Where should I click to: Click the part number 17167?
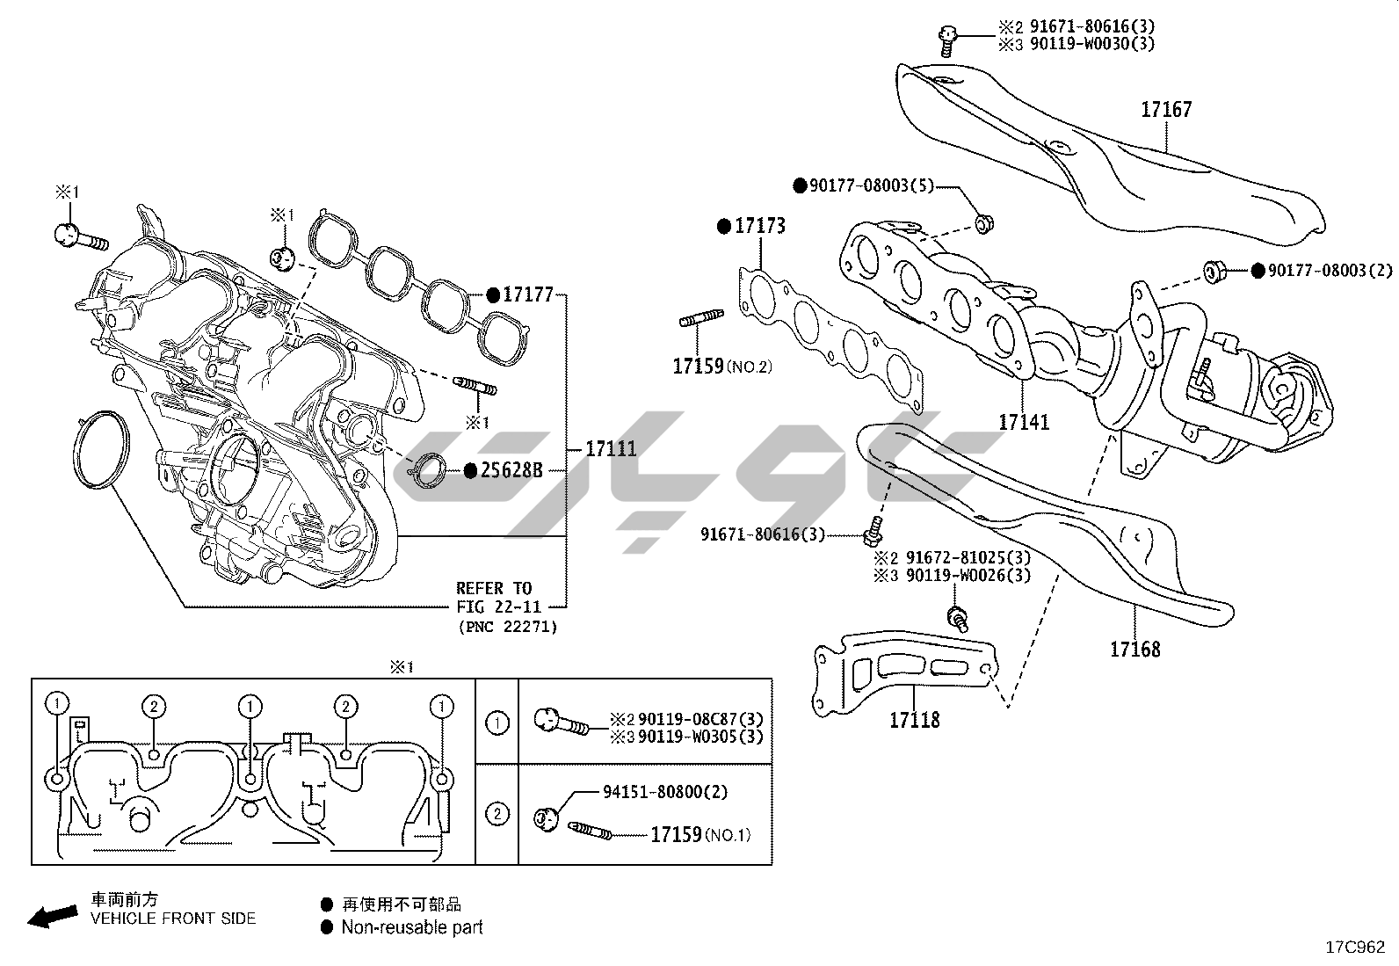(x=1166, y=110)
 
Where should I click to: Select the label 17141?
(x=1023, y=422)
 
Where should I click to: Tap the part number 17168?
(x=1134, y=650)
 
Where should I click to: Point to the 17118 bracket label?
(x=914, y=720)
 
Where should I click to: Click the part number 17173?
(x=760, y=226)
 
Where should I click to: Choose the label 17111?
(x=611, y=448)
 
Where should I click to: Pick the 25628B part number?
(x=511, y=470)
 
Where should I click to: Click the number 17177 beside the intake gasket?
(x=527, y=294)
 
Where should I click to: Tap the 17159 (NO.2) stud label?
(x=721, y=366)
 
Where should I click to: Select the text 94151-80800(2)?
(x=665, y=792)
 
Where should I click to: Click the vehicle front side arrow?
(x=50, y=917)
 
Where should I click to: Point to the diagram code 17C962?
(x=1355, y=947)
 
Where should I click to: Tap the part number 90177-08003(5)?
(x=871, y=185)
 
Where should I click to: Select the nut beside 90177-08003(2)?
(x=1214, y=271)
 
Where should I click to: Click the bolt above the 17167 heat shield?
(x=946, y=35)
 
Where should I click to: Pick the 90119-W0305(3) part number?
(x=700, y=737)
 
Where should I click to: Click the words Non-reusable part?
(x=412, y=926)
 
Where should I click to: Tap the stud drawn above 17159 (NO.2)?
(x=701, y=319)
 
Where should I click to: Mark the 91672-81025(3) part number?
(x=956, y=557)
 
